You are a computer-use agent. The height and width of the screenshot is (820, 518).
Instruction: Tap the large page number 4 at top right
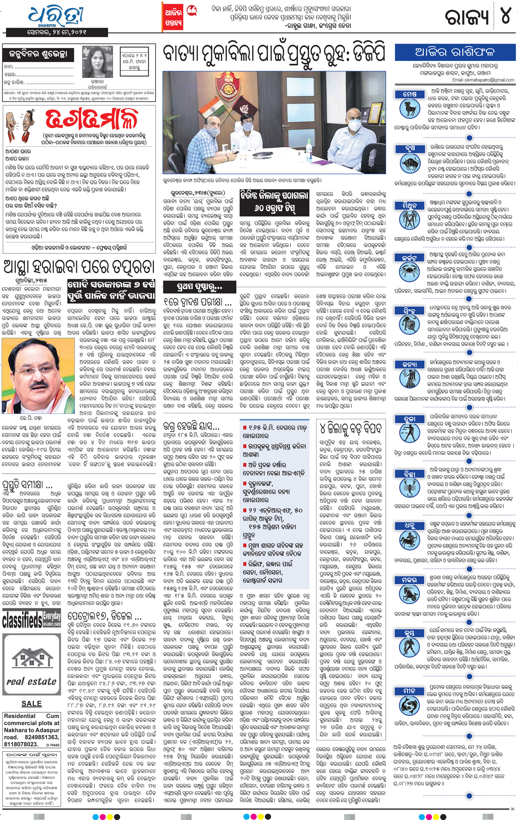[x=505, y=16]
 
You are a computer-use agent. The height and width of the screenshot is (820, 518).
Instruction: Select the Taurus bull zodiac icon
[x=410, y=163]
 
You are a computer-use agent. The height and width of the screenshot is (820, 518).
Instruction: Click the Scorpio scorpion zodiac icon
[x=410, y=490]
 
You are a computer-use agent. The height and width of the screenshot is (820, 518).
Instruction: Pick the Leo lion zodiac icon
[x=410, y=326]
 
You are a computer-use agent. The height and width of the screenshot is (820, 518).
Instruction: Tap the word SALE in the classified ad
[x=32, y=704]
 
